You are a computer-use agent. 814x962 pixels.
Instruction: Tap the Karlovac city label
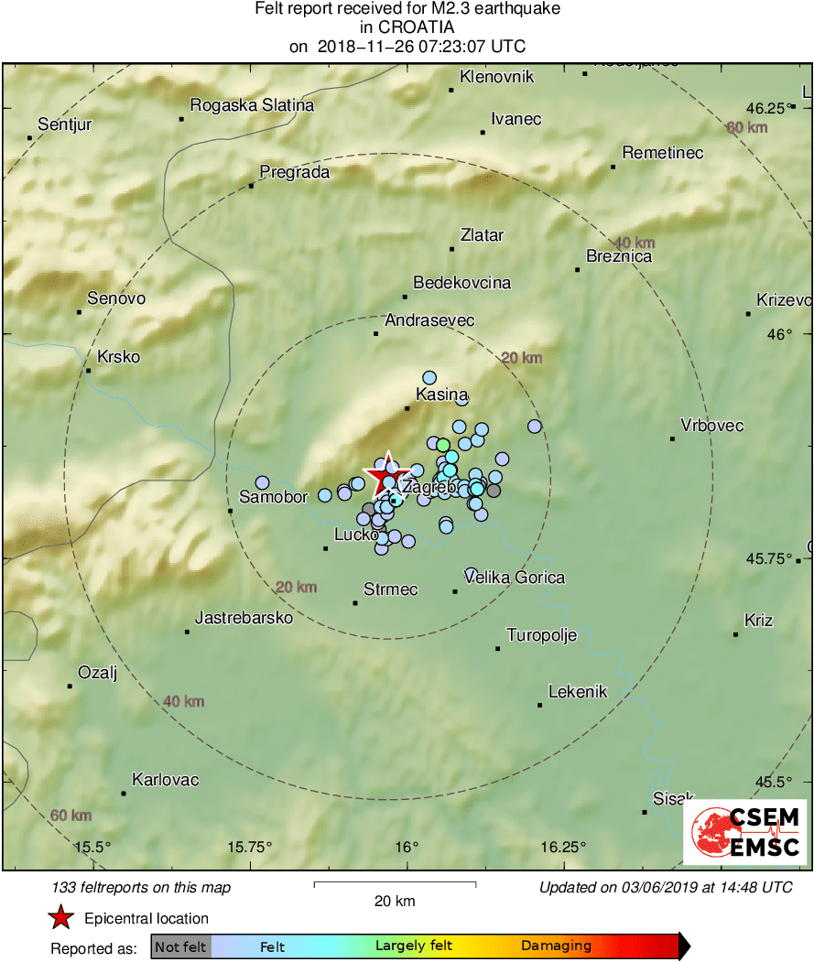coord(165,780)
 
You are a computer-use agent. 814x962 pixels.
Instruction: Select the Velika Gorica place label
coord(515,578)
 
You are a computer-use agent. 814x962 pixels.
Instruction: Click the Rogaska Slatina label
coord(252,105)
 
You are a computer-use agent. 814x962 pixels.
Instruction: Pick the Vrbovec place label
coord(712,426)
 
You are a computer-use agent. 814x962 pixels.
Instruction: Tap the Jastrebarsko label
coord(244,618)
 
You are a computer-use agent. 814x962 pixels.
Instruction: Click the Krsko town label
coord(118,357)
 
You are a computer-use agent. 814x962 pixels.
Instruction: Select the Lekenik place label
coord(578,692)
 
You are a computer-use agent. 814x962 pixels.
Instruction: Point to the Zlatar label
coord(482,235)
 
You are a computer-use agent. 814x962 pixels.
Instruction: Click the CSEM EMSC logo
coord(745,832)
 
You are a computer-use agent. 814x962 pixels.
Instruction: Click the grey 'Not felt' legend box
coord(180,946)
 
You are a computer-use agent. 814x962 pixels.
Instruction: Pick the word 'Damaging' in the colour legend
coord(557,946)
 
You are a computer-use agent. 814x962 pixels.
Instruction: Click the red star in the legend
coord(60,918)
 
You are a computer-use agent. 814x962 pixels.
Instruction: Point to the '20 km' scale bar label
coord(395,901)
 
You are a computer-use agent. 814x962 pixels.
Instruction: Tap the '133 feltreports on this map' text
coord(142,887)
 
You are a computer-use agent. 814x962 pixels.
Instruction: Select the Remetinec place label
coord(662,153)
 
